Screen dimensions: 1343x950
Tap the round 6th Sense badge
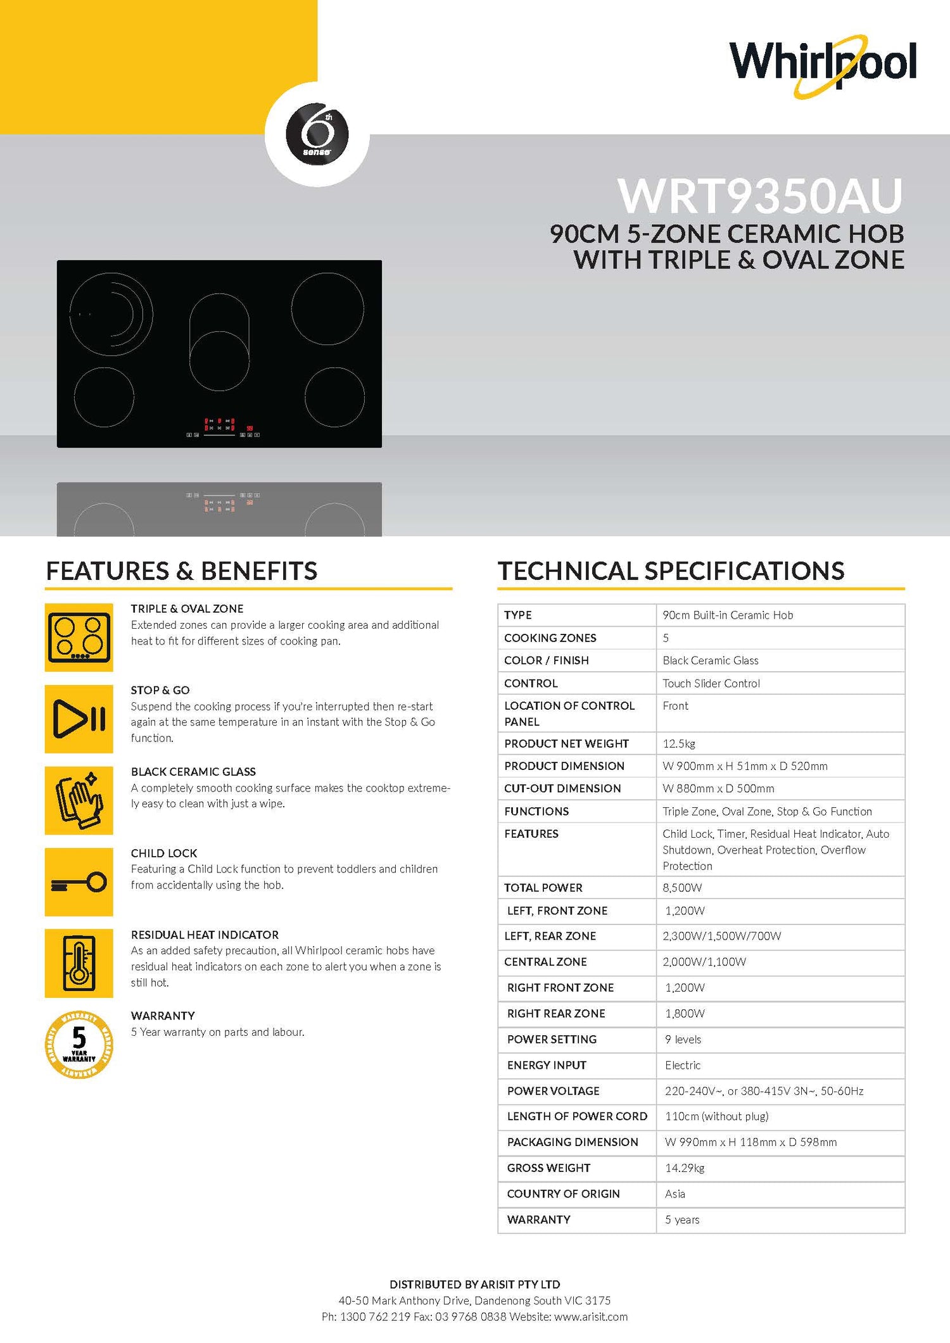pyautogui.click(x=317, y=134)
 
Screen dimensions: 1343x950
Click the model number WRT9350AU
pyautogui.click(x=760, y=196)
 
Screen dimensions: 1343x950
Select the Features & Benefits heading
pyautogui.click(x=182, y=571)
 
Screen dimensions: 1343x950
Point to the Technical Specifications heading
pyautogui.click(x=671, y=571)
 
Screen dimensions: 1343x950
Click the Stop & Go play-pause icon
pyautogui.click(x=79, y=719)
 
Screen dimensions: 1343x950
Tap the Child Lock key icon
pyautogui.click(x=79, y=882)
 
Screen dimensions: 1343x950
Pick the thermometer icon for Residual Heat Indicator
pyautogui.click(x=79, y=963)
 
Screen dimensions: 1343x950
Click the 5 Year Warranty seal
pyautogui.click(x=79, y=1045)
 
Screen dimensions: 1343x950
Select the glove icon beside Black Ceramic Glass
pyautogui.click(x=79, y=800)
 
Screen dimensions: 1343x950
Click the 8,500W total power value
pyautogui.click(x=682, y=888)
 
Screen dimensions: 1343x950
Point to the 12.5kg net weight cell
pyautogui.click(x=679, y=743)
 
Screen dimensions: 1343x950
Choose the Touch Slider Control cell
pyautogui.click(x=711, y=683)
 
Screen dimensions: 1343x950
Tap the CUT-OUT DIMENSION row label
pyautogui.click(x=562, y=788)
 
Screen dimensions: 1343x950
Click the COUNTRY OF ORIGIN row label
pyautogui.click(x=563, y=1194)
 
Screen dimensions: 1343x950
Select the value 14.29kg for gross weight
pyautogui.click(x=685, y=1168)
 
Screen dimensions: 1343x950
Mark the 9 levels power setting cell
pyautogui.click(x=683, y=1039)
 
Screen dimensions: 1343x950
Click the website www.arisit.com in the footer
pyautogui.click(x=591, y=1317)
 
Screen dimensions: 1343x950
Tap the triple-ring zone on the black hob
pyautogui.click(x=111, y=314)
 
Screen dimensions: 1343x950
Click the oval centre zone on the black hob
pyautogui.click(x=219, y=342)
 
